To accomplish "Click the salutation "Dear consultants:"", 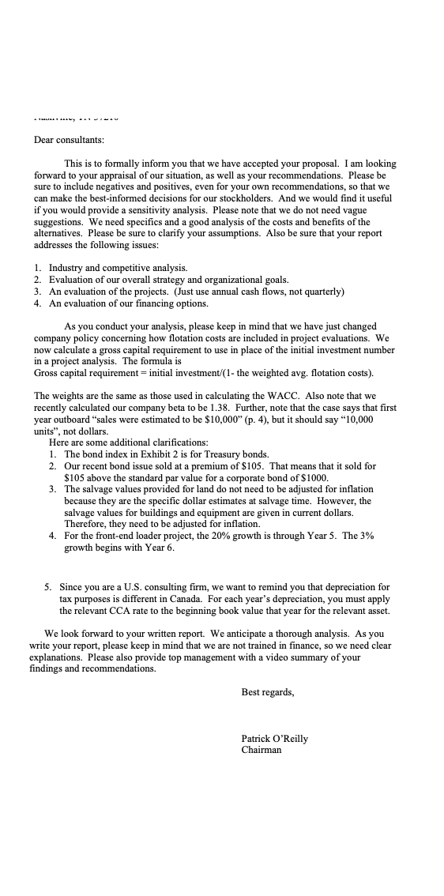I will [69, 140].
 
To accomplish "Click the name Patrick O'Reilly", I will [275, 739].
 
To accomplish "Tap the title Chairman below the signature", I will [262, 750].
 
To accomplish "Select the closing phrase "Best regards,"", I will [268, 692].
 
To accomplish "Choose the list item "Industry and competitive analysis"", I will [118, 269].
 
